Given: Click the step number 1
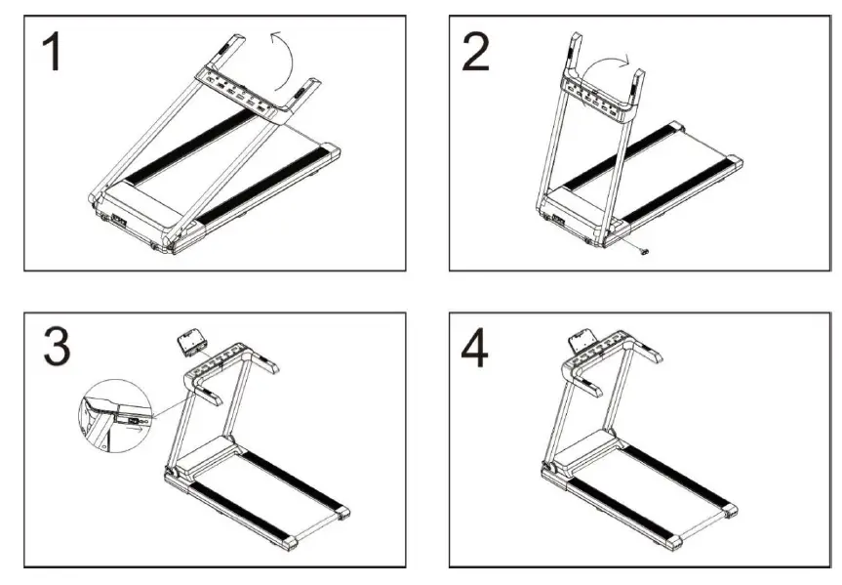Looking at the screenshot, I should [x=55, y=54].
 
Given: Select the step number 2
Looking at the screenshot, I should [x=477, y=54].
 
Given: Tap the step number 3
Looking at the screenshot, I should [x=55, y=347].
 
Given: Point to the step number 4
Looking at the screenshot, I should [x=477, y=347].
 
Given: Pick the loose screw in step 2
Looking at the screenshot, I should [x=645, y=251].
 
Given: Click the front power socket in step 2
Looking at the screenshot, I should [x=560, y=221].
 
